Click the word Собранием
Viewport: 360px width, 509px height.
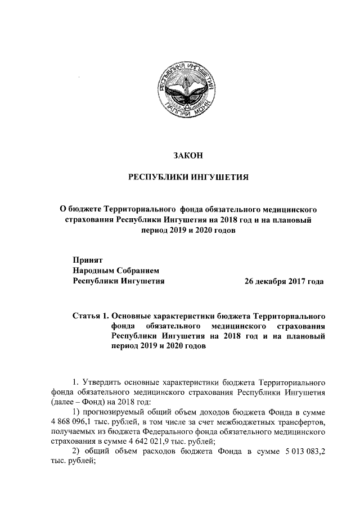coord(139,270)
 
